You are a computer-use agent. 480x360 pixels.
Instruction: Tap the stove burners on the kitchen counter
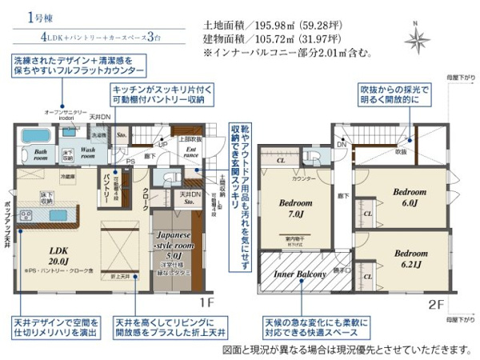25,215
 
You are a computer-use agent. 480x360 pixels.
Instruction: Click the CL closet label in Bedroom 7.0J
281,161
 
